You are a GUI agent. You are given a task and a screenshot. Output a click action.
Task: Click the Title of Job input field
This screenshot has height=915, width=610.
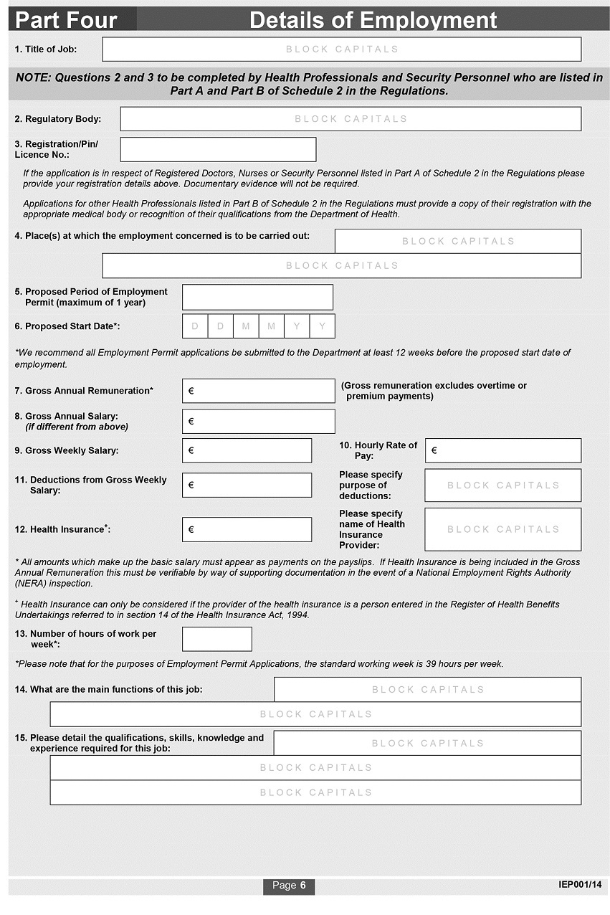click(x=341, y=49)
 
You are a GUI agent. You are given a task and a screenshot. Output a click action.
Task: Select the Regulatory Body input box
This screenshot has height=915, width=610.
click(x=351, y=119)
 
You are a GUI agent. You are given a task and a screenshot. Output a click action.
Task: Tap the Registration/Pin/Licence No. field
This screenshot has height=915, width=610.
click(x=218, y=149)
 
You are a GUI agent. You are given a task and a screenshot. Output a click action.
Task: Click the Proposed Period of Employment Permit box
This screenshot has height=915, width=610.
click(x=257, y=297)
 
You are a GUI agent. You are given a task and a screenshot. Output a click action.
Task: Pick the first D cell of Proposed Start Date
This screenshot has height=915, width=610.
click(x=195, y=326)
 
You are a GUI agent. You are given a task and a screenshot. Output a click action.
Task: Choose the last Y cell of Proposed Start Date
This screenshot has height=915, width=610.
click(x=322, y=326)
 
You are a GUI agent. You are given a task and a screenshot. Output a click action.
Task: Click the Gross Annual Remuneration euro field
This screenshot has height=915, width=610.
click(x=258, y=391)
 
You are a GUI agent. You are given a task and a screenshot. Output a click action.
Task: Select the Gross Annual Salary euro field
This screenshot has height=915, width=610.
click(x=258, y=422)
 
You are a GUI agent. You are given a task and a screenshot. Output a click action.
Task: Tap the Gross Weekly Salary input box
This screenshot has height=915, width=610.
click(x=247, y=450)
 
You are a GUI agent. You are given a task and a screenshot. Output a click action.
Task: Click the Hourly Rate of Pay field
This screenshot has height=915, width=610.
click(x=503, y=451)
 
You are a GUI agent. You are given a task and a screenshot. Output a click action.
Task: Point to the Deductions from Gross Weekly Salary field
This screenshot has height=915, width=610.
click(x=247, y=485)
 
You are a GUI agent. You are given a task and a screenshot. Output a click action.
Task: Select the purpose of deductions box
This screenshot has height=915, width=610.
click(x=503, y=485)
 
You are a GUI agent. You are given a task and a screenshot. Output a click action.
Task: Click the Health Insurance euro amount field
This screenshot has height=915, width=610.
click(x=247, y=529)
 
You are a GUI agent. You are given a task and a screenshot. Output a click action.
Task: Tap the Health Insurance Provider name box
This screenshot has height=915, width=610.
click(x=503, y=529)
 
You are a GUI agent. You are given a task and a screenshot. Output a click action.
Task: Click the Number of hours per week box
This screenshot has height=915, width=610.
click(x=217, y=639)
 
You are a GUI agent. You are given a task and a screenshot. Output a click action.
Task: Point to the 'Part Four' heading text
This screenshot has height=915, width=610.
click(x=66, y=20)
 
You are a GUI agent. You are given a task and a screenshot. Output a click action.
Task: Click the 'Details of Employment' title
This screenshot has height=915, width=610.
click(x=373, y=20)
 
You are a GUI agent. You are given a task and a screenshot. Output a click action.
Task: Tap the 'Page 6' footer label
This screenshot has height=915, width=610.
click(x=289, y=886)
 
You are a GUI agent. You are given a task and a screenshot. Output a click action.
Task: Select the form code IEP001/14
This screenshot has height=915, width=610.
click(x=581, y=885)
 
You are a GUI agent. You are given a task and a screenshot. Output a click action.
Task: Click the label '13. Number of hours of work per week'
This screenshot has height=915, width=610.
click(x=86, y=639)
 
